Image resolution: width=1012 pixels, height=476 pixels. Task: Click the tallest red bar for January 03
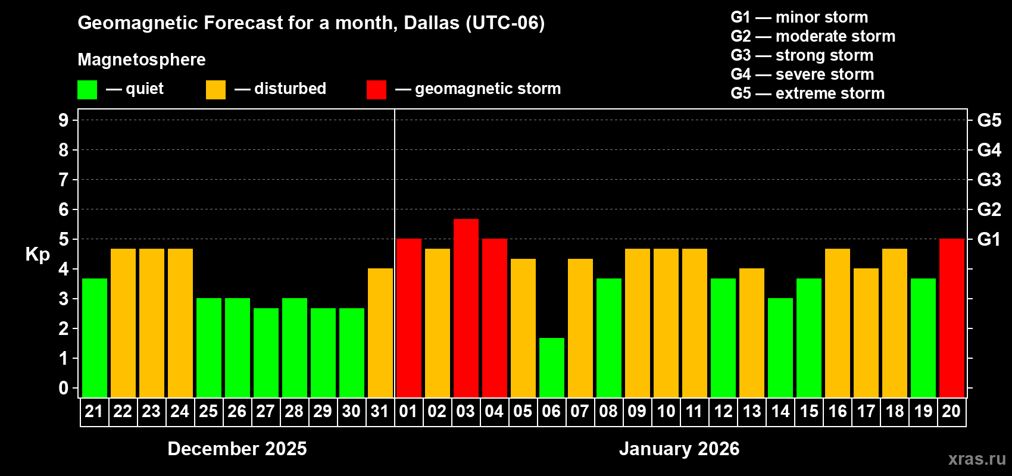tap(466, 308)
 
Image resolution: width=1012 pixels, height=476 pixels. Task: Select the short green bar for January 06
tap(552, 367)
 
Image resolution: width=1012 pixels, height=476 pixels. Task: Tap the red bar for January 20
tap(952, 318)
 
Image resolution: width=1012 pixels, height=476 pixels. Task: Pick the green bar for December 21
tap(95, 337)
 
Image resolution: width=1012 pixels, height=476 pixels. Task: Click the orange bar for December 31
tap(380, 333)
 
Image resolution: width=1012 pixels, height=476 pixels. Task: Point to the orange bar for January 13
tap(752, 333)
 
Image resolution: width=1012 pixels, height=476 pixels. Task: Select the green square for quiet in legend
tap(88, 90)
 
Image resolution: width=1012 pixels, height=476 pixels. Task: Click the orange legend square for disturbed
tap(215, 90)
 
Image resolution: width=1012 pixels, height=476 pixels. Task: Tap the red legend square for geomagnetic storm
tap(376, 90)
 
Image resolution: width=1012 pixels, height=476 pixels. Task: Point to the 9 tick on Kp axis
tap(64, 120)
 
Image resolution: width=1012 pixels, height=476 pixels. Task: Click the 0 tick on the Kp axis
tap(64, 389)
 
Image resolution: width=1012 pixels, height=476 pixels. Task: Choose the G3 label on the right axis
tap(989, 180)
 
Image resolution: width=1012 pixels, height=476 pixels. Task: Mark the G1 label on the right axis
tap(989, 239)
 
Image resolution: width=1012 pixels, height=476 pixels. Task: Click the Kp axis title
tap(38, 255)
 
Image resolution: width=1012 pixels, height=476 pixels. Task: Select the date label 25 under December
tap(208, 411)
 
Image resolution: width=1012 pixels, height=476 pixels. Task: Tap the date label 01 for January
tap(408, 411)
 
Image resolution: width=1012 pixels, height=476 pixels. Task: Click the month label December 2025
tap(237, 449)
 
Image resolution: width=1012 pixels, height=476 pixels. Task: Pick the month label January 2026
tap(679, 449)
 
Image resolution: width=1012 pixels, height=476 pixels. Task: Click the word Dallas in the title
tap(432, 23)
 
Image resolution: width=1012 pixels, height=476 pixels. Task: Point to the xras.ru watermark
tap(977, 459)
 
